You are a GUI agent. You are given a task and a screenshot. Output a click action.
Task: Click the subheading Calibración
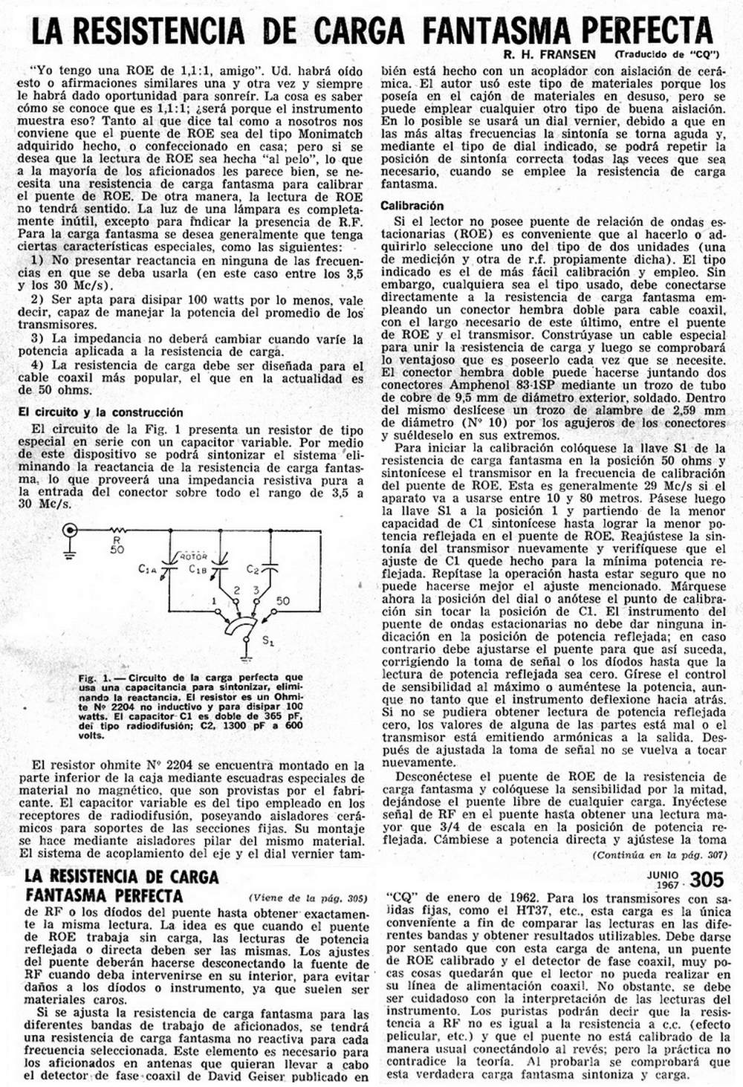[412, 206]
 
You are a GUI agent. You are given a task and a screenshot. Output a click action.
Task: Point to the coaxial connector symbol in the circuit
[71, 530]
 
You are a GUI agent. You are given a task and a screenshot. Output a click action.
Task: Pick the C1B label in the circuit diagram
[197, 569]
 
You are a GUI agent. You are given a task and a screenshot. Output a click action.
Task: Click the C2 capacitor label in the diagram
[252, 569]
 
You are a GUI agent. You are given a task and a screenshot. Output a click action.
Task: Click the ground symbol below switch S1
[245, 656]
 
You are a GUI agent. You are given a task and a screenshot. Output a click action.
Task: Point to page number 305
[707, 880]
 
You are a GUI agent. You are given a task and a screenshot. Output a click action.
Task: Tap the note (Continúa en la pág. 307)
[658, 855]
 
